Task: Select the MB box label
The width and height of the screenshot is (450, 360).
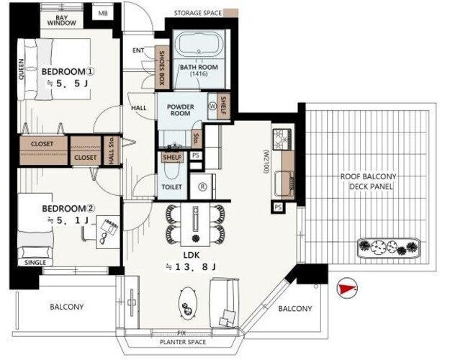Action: tap(102, 13)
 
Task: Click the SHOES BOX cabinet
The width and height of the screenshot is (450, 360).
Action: tap(161, 67)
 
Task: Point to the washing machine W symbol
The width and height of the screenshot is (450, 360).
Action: tap(212, 106)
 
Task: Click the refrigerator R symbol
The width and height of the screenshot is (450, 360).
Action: tap(202, 187)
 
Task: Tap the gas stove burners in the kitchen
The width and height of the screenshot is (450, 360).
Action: tap(282, 139)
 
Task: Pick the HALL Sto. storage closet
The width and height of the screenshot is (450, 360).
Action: tap(112, 150)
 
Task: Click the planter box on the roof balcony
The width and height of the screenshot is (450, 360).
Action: tap(389, 247)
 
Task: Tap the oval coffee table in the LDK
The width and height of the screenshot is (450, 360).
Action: tap(188, 303)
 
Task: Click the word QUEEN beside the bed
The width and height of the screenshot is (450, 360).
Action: tap(21, 69)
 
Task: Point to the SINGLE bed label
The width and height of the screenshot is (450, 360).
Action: tap(35, 262)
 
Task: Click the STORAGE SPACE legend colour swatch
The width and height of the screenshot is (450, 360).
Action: tap(230, 13)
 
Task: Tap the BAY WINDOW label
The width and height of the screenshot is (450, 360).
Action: tap(62, 20)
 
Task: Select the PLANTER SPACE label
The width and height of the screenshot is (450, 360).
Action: tap(183, 342)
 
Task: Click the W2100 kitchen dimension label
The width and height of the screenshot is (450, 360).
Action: tap(266, 161)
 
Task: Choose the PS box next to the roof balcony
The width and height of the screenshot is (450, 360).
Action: tap(278, 207)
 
